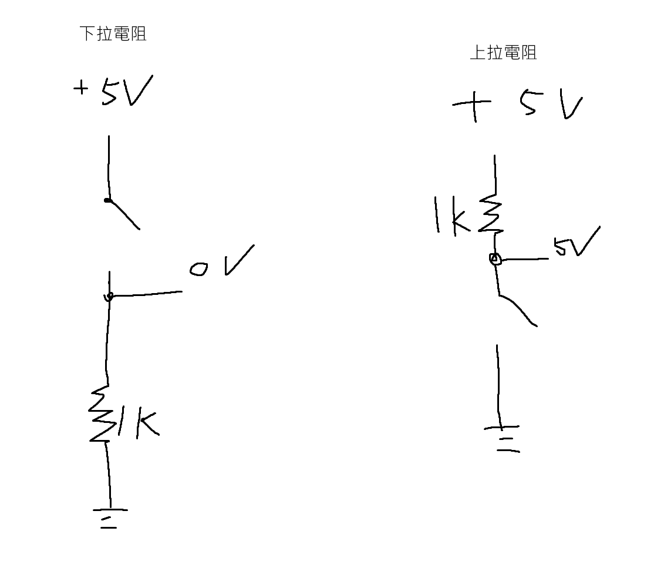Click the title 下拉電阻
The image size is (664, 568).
pyautogui.click(x=113, y=33)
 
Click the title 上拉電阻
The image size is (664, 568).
pyautogui.click(x=503, y=53)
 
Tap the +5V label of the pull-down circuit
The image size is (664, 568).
pyautogui.click(x=113, y=91)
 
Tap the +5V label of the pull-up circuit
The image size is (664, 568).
pyautogui.click(x=517, y=106)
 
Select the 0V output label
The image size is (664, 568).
pyautogui.click(x=221, y=262)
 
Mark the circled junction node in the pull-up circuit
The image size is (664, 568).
pyautogui.click(x=495, y=258)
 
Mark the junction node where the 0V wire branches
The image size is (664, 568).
pyautogui.click(x=108, y=297)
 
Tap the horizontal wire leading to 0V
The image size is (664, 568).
pyautogui.click(x=146, y=294)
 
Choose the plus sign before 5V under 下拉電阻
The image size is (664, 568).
pyautogui.click(x=80, y=89)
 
